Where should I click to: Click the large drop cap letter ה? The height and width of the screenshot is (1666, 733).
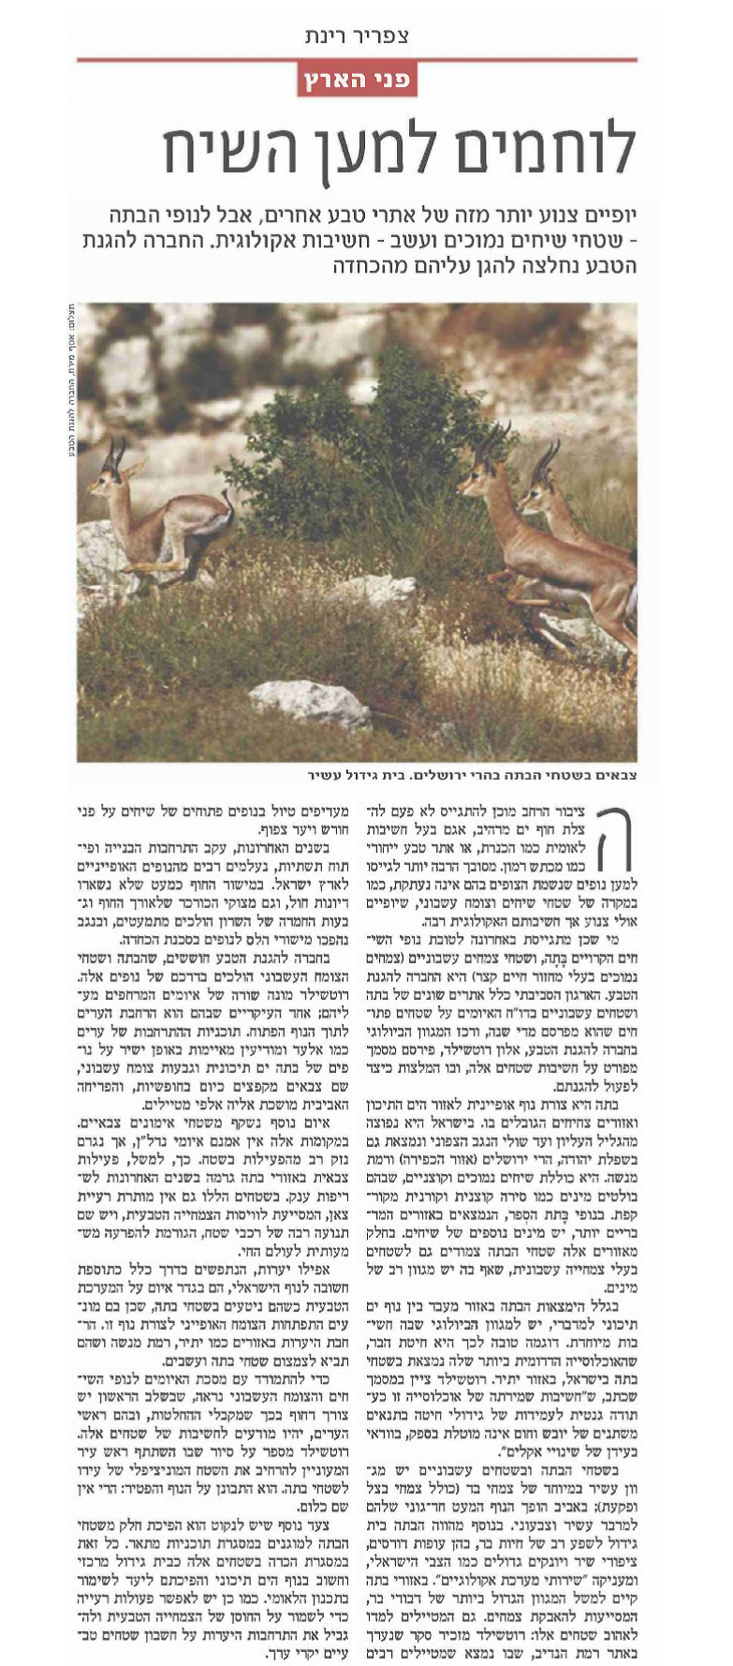click(611, 838)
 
